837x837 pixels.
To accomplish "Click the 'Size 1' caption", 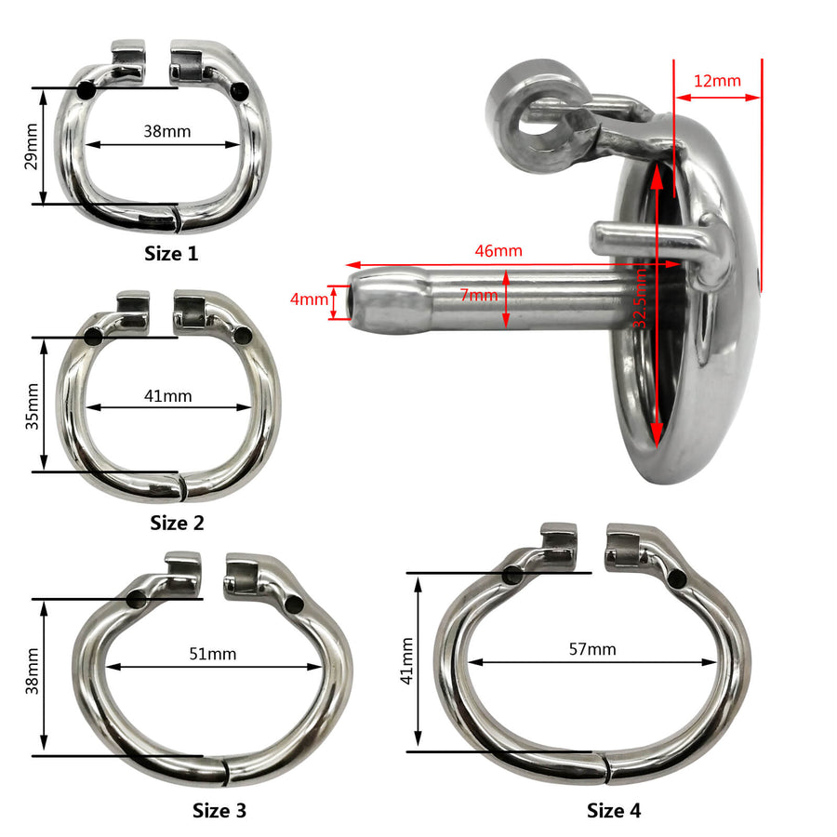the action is point(171,253).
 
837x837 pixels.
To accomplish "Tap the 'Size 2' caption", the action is point(177,523).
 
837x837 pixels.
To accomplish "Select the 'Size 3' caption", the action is point(219,810).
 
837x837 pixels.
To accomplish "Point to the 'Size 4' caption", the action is point(614,810).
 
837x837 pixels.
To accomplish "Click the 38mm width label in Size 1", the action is point(167,131).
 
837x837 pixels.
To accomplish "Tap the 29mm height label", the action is point(32,146).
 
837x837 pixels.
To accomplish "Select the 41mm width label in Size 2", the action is point(167,396).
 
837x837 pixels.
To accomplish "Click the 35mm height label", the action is point(32,405).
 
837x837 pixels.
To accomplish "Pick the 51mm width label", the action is point(212,654).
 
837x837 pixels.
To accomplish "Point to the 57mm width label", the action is point(592,649).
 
